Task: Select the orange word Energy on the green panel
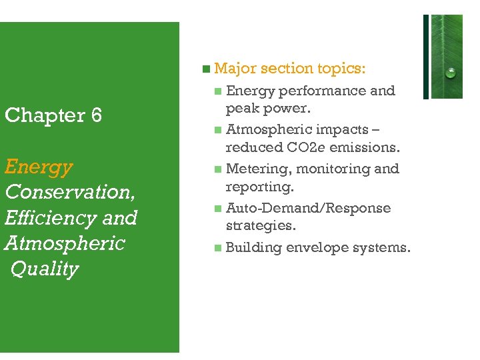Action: click(x=38, y=167)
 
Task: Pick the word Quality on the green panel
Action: click(x=45, y=269)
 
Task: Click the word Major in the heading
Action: click(x=235, y=68)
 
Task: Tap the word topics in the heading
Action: click(x=341, y=68)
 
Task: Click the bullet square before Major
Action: click(x=207, y=69)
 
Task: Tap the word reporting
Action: click(x=259, y=187)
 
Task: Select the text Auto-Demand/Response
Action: click(x=308, y=208)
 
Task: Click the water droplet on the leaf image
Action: click(x=451, y=72)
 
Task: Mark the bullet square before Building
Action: click(x=218, y=248)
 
